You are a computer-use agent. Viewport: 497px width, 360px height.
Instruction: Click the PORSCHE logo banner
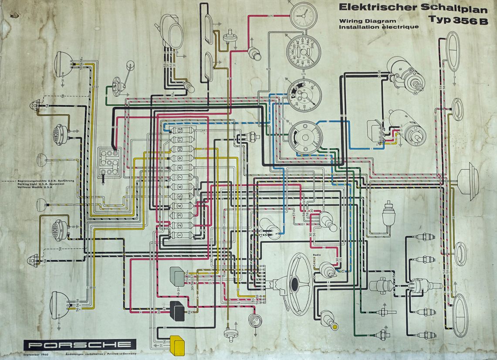(80, 345)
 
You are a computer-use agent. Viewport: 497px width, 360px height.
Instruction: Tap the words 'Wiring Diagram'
(368, 21)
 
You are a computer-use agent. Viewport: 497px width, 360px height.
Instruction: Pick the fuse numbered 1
(179, 235)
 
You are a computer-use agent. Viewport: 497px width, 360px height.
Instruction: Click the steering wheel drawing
(294, 284)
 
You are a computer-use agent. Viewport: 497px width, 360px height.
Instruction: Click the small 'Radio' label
(317, 254)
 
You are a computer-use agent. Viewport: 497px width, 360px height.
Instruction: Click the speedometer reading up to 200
(303, 52)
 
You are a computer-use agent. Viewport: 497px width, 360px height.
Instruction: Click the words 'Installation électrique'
(379, 27)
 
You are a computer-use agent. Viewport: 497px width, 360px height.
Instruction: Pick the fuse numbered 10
(179, 149)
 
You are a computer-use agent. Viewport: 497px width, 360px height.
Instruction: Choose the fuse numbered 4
(179, 206)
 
